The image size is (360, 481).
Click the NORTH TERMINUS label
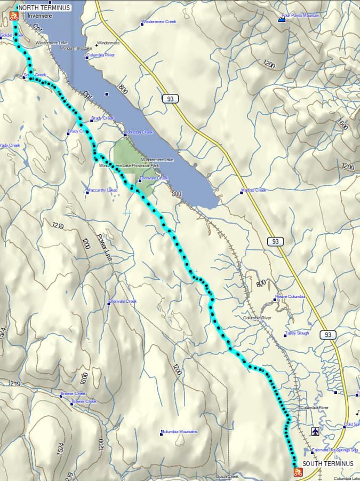coord(44,8)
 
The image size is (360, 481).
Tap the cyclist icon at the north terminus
coord(14,17)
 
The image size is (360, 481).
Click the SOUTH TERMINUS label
coord(327,463)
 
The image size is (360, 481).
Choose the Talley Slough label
coord(297,334)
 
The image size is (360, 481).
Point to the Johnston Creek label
coord(139,132)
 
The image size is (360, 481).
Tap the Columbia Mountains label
coord(180,431)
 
